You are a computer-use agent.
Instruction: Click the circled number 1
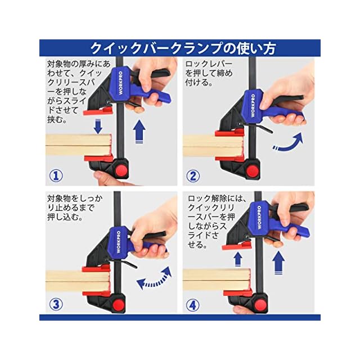(56, 175)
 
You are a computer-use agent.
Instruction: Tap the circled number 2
(193, 175)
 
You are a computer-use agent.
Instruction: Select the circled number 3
(56, 304)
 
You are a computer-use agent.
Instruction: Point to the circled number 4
(192, 305)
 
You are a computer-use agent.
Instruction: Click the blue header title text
(182, 48)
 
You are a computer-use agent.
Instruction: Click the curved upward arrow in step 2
(290, 143)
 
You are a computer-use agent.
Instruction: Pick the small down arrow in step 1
(98, 126)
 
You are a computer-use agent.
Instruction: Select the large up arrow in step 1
(139, 132)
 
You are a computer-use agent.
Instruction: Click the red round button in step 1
(121, 170)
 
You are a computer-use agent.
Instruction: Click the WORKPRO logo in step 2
(253, 106)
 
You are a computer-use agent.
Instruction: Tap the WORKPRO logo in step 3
(119, 242)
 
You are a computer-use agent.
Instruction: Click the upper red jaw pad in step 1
(98, 111)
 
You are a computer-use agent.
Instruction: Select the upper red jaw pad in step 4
(237, 246)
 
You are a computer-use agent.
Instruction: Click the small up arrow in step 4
(238, 259)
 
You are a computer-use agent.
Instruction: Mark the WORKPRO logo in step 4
(259, 217)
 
